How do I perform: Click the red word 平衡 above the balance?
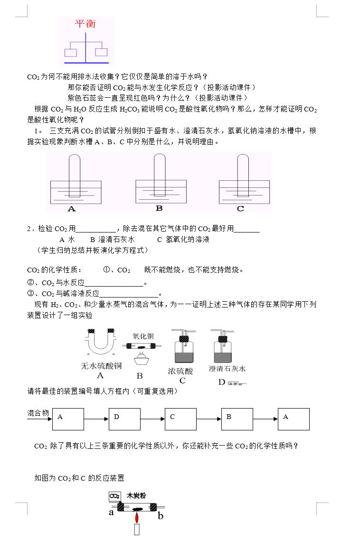point(86,24)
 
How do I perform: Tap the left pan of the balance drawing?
point(72,53)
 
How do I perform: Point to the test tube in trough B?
point(159,175)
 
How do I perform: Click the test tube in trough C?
point(242,175)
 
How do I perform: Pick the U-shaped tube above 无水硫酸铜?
point(100,341)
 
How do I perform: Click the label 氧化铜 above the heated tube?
point(143,336)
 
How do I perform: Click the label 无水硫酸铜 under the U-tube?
point(102,366)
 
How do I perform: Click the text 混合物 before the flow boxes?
point(38,413)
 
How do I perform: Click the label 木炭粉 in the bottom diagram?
point(136,496)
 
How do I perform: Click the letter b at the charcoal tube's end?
point(161,516)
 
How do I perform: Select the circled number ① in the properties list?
point(106,270)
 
